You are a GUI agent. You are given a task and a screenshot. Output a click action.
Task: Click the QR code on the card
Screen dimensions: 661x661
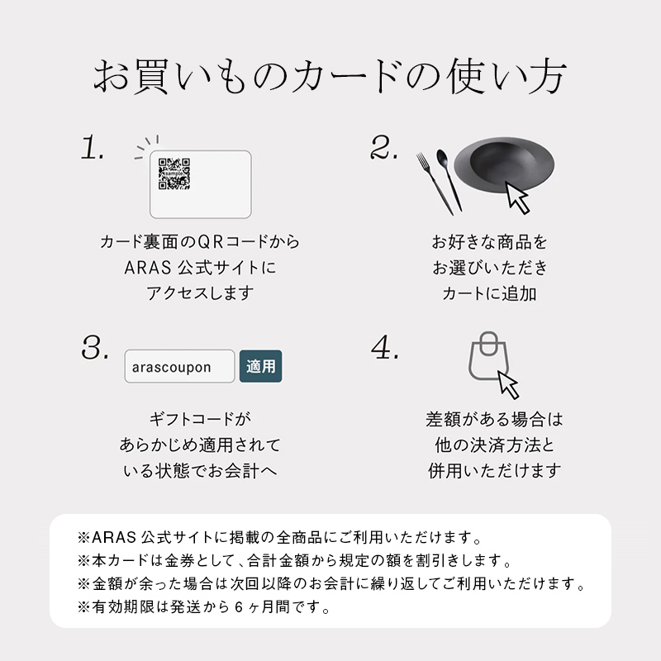174,174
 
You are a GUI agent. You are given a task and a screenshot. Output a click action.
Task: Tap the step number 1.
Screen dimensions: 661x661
93,150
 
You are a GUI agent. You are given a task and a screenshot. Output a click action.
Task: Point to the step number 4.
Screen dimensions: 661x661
385,348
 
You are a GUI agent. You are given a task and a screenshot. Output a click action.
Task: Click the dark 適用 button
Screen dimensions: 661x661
260,366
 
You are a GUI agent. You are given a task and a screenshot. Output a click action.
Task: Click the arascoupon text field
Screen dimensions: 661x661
179,366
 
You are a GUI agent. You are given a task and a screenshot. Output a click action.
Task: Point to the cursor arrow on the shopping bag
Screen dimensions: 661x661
507,384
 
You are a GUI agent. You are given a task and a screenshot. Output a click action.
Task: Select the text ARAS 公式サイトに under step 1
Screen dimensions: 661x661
200,268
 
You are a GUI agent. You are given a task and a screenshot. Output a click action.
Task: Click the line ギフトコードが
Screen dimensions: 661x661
200,419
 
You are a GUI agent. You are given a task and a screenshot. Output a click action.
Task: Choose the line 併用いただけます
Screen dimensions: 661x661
494,470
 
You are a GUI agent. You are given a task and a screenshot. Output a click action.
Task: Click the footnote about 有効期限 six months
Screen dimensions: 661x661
204,608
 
